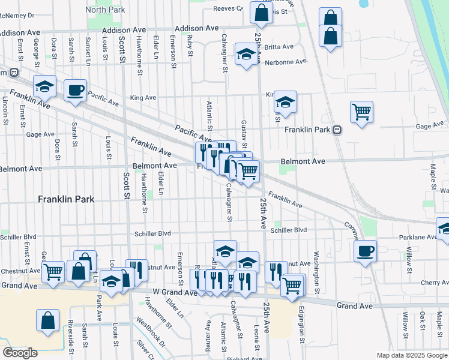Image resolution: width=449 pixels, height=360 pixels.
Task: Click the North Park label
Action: (104, 10)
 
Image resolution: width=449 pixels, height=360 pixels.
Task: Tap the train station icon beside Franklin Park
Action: (337, 130)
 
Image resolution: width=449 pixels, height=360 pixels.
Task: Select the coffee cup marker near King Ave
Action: (75, 91)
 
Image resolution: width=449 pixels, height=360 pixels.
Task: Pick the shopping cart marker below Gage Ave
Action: (361, 112)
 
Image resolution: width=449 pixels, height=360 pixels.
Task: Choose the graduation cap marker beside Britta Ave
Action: (246, 56)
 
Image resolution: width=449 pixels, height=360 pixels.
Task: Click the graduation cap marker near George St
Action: (44, 88)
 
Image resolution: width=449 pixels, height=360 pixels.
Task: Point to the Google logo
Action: (20, 352)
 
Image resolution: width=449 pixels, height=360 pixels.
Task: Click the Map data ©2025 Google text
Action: (412, 355)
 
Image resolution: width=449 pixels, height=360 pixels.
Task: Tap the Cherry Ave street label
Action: (435, 283)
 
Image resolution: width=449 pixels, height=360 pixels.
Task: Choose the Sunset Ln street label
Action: (88, 50)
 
